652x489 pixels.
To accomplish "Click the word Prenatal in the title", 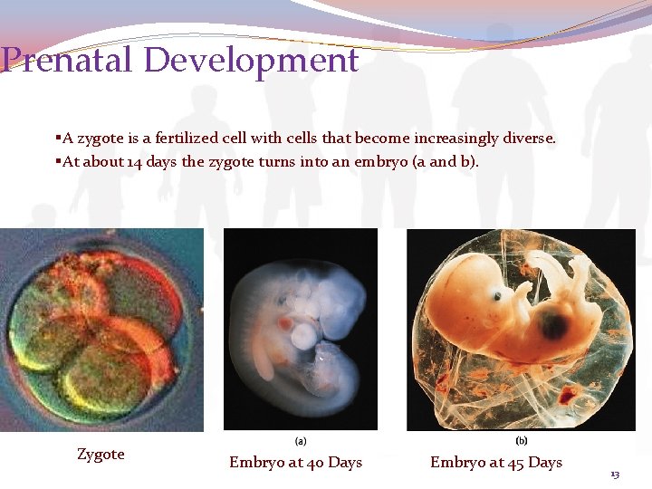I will click(68, 61).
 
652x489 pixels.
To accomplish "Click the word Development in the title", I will click(251, 61).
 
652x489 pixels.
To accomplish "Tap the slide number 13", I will click(615, 475).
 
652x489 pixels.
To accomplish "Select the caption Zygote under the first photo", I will click(101, 454).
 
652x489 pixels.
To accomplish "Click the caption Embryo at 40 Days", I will click(295, 463).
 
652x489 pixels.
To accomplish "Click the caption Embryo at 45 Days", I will click(496, 463).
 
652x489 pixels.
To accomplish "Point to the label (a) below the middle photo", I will click(301, 442).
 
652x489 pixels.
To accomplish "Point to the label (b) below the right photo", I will click(522, 442).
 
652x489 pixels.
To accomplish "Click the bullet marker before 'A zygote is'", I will click(57, 139).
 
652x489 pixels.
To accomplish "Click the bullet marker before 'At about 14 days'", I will click(57, 162).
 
